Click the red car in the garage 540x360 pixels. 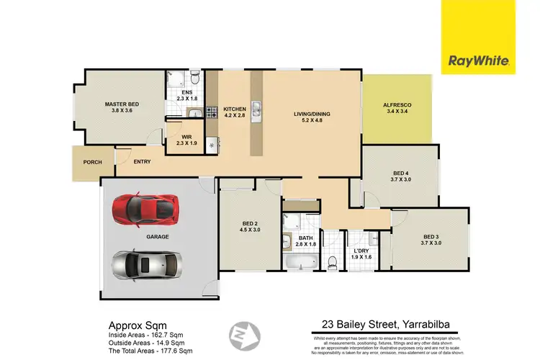coord(144,209)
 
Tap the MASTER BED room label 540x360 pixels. coord(122,104)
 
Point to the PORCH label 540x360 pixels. coord(91,161)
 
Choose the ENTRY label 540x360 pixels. coord(143,161)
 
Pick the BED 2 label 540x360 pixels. coord(248,224)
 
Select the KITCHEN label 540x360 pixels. coord(235,108)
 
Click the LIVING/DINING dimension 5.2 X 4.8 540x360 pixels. coord(310,119)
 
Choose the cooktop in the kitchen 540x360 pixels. coord(212,112)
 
